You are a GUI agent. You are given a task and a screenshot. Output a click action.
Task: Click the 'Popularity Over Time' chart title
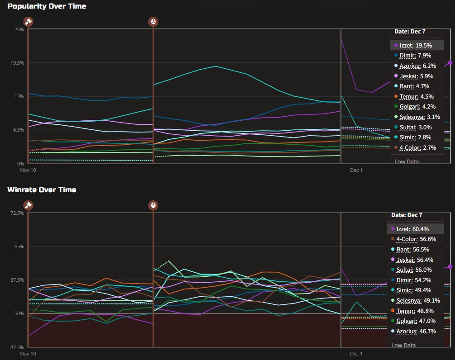pyautogui.click(x=47, y=6)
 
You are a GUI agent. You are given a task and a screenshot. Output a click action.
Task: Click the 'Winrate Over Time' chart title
pyautogui.click(x=42, y=189)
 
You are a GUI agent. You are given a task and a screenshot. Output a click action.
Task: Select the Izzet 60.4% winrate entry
pyautogui.click(x=413, y=229)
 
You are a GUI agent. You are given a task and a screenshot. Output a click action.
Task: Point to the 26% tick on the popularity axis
pyautogui.click(x=19, y=29)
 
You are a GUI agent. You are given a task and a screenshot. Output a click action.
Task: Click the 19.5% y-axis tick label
pyautogui.click(x=17, y=63)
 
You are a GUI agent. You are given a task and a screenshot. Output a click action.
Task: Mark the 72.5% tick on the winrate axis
pyautogui.click(x=17, y=213)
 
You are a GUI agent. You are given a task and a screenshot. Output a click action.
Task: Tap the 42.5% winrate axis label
pyautogui.click(x=17, y=347)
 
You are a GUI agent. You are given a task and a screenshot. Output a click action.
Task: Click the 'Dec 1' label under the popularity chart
pyautogui.click(x=356, y=170)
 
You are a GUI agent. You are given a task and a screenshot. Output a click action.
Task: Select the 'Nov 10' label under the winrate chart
pyautogui.click(x=28, y=354)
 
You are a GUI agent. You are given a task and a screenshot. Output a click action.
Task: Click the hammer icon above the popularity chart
pyautogui.click(x=28, y=21)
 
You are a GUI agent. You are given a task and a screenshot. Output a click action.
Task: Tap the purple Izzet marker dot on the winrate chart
pyautogui.click(x=450, y=267)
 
